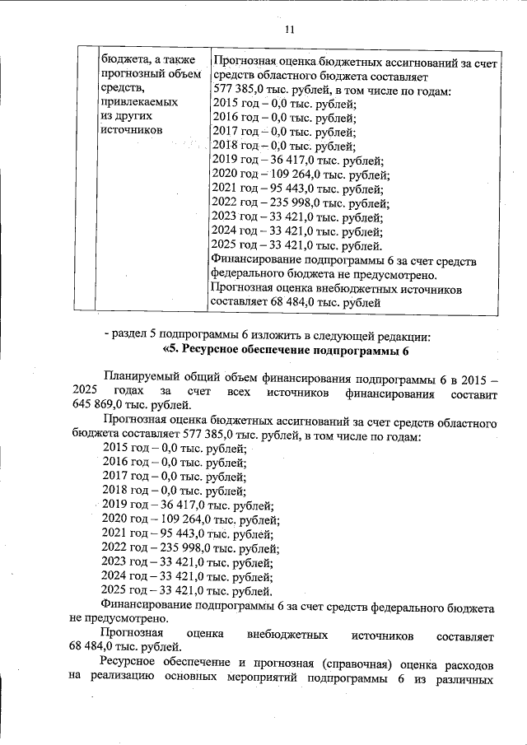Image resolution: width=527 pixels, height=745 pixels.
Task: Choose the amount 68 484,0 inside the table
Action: (x=296, y=303)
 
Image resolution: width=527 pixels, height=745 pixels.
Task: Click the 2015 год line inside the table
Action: (x=283, y=103)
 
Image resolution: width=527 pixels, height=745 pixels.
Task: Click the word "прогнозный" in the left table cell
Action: (x=134, y=73)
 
